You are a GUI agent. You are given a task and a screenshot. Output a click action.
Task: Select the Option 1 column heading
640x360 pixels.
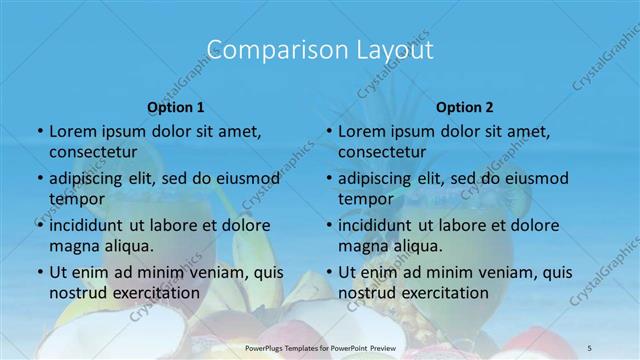click(176, 107)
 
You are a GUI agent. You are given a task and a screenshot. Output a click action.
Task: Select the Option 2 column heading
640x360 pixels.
click(465, 107)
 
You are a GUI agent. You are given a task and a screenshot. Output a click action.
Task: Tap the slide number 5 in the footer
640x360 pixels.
click(590, 347)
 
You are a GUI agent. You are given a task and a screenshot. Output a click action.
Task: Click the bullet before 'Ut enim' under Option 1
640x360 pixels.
click(39, 272)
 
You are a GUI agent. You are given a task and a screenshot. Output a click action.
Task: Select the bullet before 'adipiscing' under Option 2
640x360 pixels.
click(328, 179)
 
